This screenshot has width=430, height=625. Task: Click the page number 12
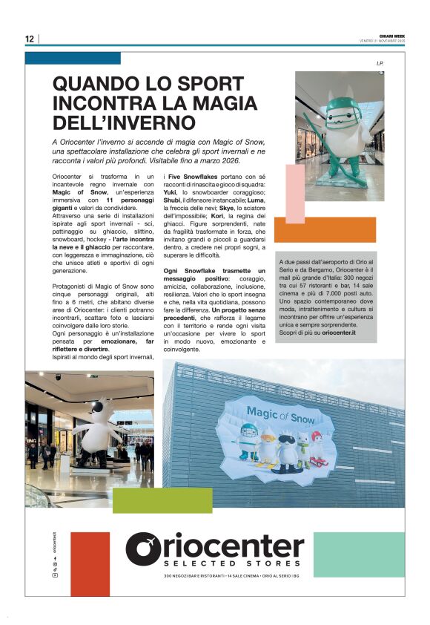click(30, 39)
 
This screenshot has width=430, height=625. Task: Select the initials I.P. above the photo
click(380, 65)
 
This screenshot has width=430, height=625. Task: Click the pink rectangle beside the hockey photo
click(295, 193)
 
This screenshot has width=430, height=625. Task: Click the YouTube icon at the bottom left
click(54, 575)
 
